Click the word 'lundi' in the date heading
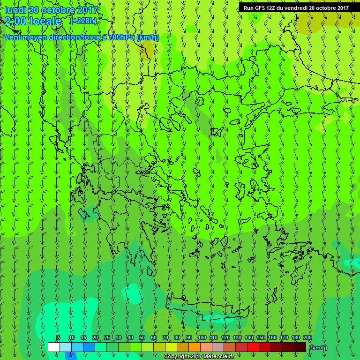pos(15,10)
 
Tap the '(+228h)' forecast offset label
pos(83,21)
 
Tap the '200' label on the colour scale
pos(307,337)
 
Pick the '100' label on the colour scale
pos(202,337)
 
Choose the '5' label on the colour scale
pos(59,337)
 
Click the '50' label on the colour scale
pos(142,337)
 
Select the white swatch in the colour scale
pos(53,347)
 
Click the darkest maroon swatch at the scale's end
pos(300,347)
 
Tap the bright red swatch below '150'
pos(253,347)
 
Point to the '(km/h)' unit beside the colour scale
pos(319,347)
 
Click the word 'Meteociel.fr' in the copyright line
pos(218,357)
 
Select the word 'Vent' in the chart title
pos(14,37)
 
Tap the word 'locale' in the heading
pos(46,21)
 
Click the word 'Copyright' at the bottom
pos(177,357)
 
